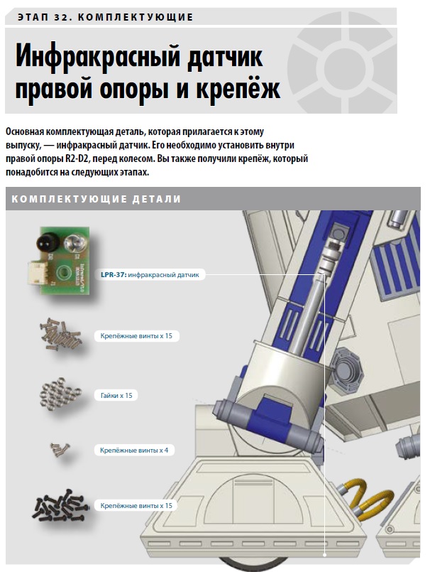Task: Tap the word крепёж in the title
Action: [238, 89]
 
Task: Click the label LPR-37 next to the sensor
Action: [113, 275]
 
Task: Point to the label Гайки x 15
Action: [116, 396]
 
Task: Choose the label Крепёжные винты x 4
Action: [134, 450]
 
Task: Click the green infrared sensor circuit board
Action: [64, 260]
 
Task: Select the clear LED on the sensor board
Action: [74, 242]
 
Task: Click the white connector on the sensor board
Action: [36, 274]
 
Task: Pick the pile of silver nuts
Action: [60, 393]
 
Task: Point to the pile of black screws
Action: [60, 505]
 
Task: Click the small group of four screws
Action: [60, 449]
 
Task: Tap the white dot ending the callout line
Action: [325, 555]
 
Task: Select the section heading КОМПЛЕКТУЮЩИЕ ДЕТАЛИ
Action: [97, 199]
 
